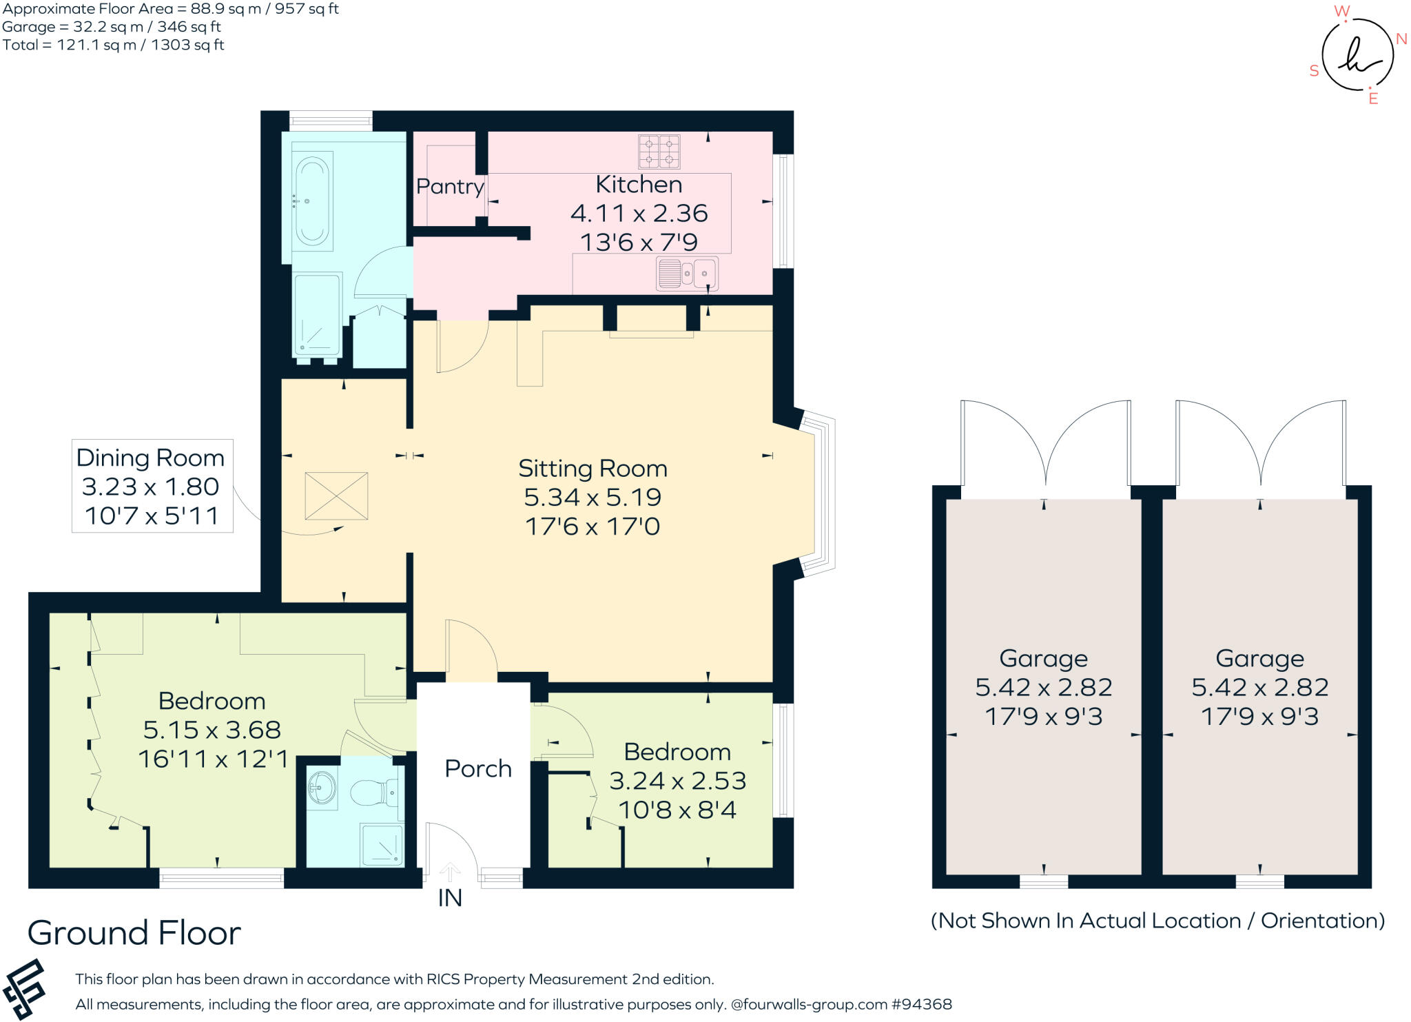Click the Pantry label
450,186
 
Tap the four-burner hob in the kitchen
659,152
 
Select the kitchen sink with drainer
687,274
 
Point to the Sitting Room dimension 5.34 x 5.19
593,497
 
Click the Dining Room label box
152,486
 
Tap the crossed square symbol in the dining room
336,495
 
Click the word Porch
478,768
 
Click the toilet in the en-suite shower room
375,793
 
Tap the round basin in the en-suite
322,786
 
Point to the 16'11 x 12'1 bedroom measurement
214,759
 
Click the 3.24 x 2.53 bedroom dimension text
677,780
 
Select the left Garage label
1043,658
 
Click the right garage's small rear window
1259,881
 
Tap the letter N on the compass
1401,39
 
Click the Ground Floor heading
134,933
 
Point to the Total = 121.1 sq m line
114,45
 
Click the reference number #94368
922,1004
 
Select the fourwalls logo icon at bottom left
24,989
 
